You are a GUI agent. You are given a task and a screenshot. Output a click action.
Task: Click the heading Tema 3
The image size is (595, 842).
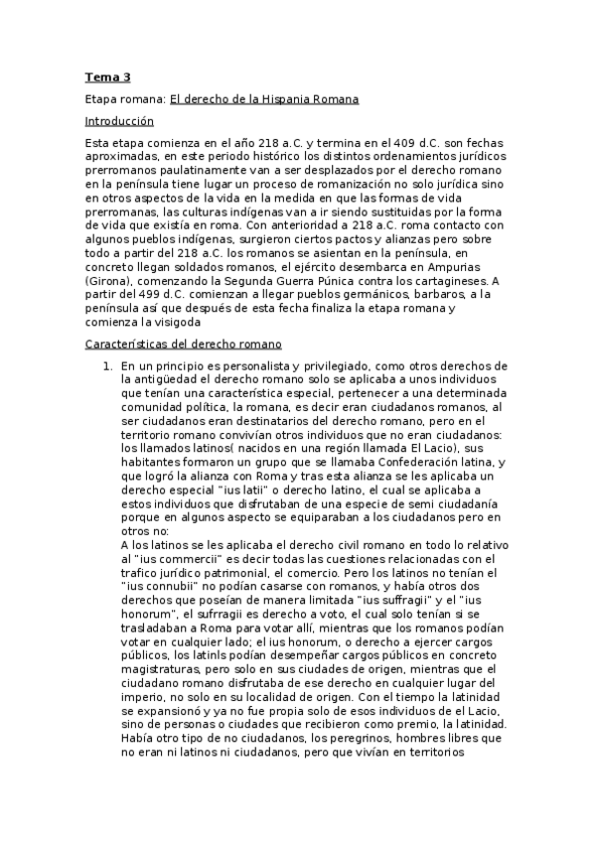tap(106, 76)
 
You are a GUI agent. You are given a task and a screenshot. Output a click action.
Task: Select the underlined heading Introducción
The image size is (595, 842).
tap(119, 120)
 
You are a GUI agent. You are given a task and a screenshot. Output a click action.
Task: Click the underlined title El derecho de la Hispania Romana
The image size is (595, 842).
tap(264, 99)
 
